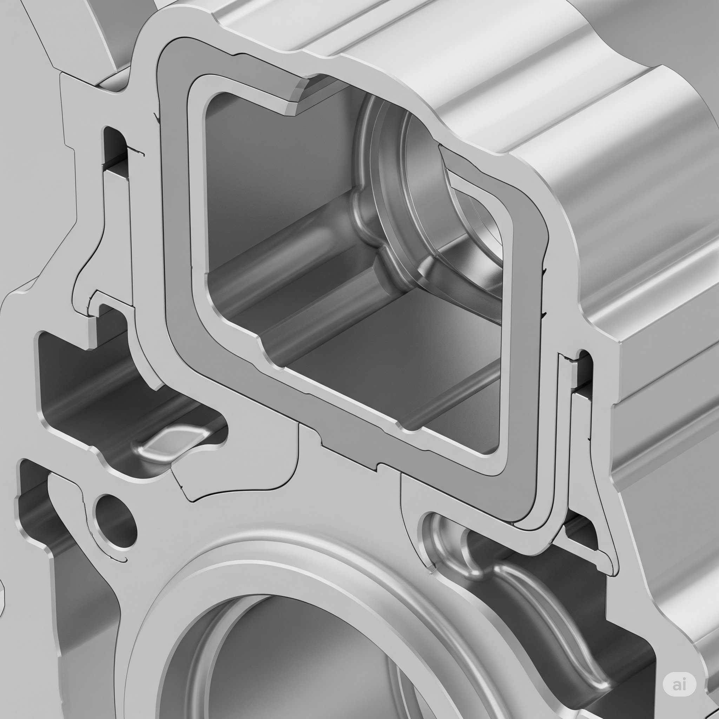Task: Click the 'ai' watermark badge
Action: click(680, 684)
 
